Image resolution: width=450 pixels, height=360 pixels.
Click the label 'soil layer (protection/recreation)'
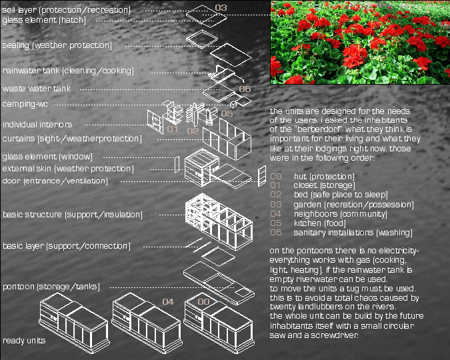(x=66, y=10)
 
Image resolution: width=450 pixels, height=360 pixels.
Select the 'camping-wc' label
(x=25, y=104)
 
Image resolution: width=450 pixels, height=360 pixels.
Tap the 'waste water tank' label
(x=37, y=89)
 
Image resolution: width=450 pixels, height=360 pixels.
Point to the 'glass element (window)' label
(x=47, y=157)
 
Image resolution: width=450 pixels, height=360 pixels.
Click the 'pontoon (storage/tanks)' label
(x=51, y=287)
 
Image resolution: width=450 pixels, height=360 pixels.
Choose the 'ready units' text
(x=24, y=341)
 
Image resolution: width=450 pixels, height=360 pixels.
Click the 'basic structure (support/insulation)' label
(x=73, y=215)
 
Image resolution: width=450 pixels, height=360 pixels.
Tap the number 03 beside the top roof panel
(x=221, y=8)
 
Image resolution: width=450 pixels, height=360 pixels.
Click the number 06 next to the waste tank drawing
(x=245, y=89)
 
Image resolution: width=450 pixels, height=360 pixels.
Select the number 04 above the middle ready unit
(x=168, y=302)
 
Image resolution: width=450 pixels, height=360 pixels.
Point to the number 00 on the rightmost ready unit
(x=203, y=302)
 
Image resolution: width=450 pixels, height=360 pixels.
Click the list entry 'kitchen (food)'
(x=320, y=223)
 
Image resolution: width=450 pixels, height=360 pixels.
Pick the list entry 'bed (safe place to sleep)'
(x=341, y=195)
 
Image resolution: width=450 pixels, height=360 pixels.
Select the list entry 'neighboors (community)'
(x=341, y=214)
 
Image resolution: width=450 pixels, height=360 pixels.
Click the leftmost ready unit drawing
(x=74, y=323)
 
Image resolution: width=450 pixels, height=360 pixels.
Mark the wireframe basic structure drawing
(x=219, y=221)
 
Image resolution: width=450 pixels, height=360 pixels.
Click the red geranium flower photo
(x=360, y=42)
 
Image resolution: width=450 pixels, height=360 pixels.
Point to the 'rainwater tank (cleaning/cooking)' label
(x=68, y=71)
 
